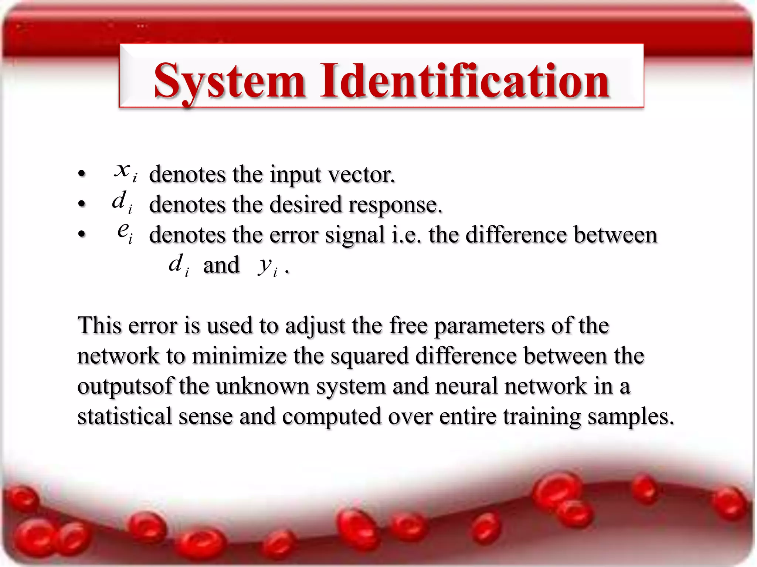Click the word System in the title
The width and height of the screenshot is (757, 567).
(x=229, y=81)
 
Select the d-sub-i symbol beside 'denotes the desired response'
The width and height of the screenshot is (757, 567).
(x=122, y=202)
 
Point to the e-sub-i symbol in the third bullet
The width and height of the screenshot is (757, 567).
(x=125, y=232)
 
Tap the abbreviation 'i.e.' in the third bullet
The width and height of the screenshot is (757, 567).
(x=406, y=235)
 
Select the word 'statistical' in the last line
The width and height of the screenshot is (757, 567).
(x=125, y=416)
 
